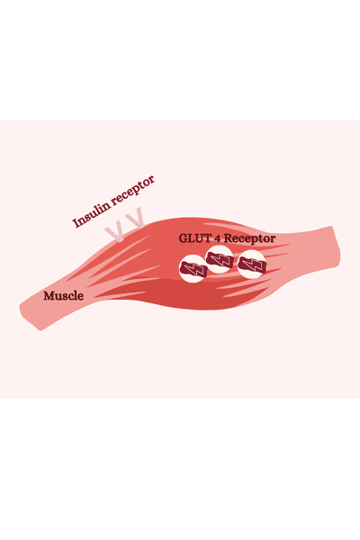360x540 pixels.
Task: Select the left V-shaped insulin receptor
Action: coord(114,233)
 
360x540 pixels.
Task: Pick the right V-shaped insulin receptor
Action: coord(136,218)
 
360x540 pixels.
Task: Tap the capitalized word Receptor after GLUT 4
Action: coord(250,238)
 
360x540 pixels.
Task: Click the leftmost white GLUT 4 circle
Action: coord(193,268)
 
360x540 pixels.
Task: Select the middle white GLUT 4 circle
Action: coord(220,259)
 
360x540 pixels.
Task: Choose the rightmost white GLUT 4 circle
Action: coord(252,264)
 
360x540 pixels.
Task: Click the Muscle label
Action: coord(63,296)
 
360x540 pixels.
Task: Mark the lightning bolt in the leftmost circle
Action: coord(193,269)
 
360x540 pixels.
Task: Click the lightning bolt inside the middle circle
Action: coord(220,259)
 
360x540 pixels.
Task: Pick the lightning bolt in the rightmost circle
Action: coord(252,264)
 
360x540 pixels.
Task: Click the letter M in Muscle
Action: coord(49,296)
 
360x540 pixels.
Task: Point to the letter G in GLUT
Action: coord(183,238)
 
